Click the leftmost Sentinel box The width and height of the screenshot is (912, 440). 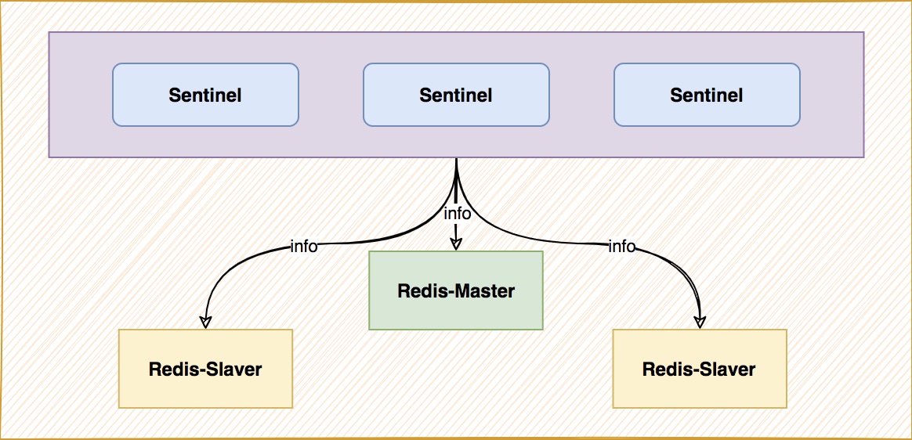point(205,95)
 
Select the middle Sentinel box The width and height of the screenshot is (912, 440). point(456,95)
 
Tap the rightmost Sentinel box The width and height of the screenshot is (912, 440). point(707,95)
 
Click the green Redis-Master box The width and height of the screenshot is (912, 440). point(456,290)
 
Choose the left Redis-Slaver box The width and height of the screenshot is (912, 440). point(205,369)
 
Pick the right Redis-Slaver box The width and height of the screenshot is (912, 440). point(700,369)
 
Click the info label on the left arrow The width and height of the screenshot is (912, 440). point(304,247)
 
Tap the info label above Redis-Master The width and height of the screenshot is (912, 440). point(457,213)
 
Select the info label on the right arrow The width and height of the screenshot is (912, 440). point(622,247)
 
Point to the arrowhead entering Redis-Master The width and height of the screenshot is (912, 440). point(456,245)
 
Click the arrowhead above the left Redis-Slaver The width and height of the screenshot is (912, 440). point(205,323)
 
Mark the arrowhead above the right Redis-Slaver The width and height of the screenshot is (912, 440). point(700,323)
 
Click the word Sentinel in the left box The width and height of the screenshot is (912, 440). point(205,95)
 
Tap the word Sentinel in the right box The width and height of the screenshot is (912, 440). point(707,95)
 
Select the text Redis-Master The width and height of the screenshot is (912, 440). point(456,290)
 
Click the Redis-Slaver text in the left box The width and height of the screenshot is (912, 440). point(205,369)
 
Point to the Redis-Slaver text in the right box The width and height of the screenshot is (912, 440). point(699,369)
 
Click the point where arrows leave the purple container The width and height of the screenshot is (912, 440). point(456,157)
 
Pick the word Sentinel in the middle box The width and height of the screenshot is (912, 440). point(456,95)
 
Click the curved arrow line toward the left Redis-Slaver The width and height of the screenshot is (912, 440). point(326,243)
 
